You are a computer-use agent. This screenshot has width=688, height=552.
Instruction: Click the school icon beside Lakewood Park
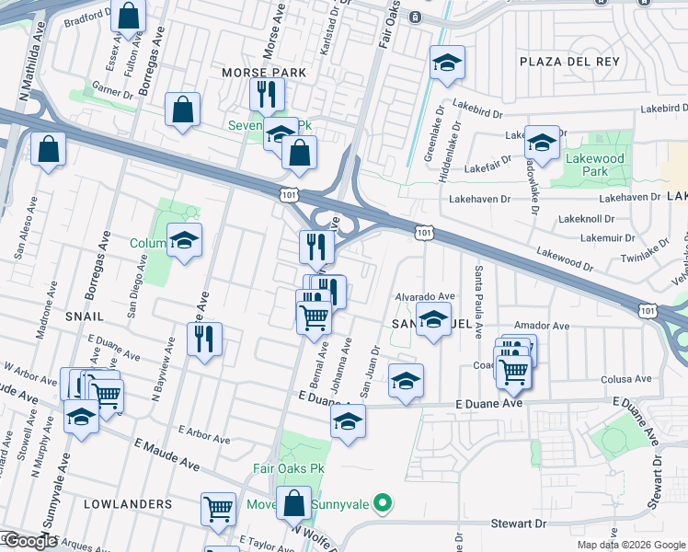point(542,144)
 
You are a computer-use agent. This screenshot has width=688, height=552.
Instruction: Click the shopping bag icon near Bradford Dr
point(130,16)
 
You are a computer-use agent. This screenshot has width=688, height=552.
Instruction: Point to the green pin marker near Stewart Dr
point(385,503)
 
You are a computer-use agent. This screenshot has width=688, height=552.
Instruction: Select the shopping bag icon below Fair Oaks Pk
point(294,504)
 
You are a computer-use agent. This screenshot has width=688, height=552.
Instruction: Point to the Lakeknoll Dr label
point(585,220)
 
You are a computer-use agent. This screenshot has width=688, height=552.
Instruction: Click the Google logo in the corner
point(29,541)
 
